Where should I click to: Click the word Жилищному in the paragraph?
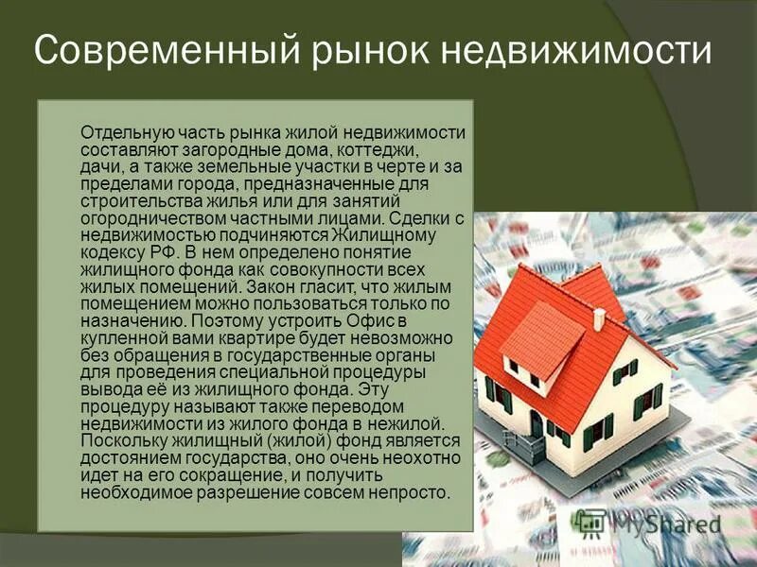click(417, 234)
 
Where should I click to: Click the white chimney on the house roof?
click(598, 318)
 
